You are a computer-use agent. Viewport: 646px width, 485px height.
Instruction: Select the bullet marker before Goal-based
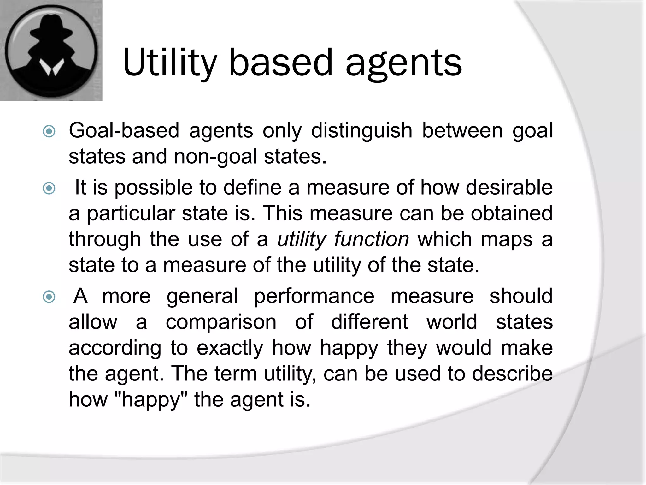pyautogui.click(x=49, y=131)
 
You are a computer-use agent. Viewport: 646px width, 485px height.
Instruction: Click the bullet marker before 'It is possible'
pyautogui.click(x=49, y=189)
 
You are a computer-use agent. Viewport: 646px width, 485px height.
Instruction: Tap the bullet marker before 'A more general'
pyautogui.click(x=49, y=297)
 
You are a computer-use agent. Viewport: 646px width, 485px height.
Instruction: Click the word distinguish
pyautogui.click(x=361, y=131)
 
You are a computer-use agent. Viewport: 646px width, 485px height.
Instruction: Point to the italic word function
pyautogui.click(x=372, y=239)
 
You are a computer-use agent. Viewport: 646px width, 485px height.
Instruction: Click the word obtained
pyautogui.click(x=511, y=213)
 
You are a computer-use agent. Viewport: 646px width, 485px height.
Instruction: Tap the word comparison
pyautogui.click(x=221, y=322)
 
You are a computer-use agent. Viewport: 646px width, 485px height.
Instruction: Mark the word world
pyautogui.click(x=452, y=322)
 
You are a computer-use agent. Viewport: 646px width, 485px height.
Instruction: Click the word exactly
pyautogui.click(x=230, y=348)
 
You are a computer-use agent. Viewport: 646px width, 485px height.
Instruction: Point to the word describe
pyautogui.click(x=512, y=374)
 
